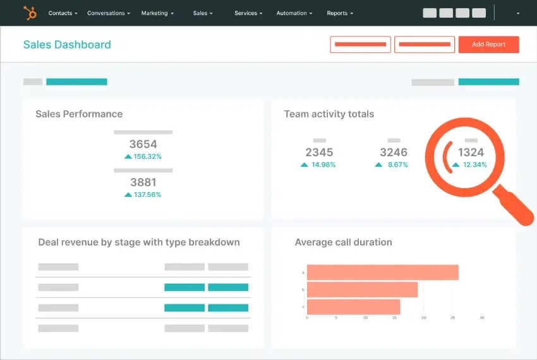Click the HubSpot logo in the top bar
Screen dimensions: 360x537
pos(30,13)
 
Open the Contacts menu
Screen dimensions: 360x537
pos(63,13)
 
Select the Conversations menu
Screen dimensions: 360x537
pos(109,13)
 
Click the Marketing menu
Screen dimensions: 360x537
pos(157,13)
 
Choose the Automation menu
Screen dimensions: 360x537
pos(294,13)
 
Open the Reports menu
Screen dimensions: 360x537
pos(340,13)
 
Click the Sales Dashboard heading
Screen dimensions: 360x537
pos(67,45)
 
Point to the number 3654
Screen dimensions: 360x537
pos(143,145)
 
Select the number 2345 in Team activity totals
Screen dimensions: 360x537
pos(319,152)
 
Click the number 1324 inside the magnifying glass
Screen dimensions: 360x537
pos(471,152)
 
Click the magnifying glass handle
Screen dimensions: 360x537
pos(514,205)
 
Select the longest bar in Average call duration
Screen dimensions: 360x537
pos(382,272)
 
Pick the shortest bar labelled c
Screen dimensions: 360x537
pos(353,307)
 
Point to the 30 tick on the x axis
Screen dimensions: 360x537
pos(482,318)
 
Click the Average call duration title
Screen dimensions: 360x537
pos(343,242)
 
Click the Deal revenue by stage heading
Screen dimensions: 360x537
pos(139,242)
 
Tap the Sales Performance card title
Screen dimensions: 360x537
pos(79,114)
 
